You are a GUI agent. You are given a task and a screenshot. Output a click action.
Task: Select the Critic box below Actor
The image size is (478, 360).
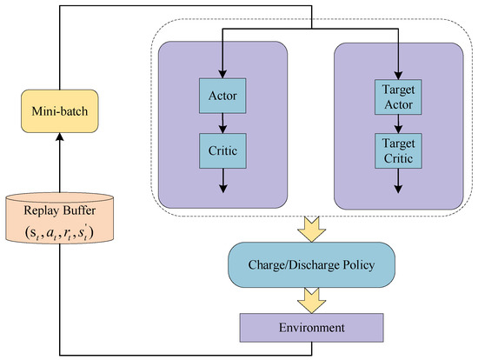(x=222, y=150)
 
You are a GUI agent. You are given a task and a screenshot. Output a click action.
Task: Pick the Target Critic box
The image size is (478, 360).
(x=398, y=150)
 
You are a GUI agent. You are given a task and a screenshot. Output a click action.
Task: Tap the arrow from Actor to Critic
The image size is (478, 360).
(x=222, y=122)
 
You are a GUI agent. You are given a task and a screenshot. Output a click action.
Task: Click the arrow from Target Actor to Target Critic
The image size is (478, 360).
(x=398, y=123)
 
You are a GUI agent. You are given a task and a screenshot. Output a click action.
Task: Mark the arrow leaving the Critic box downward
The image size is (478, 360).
(x=222, y=178)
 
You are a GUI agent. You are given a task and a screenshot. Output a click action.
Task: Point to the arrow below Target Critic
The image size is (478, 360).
(x=398, y=178)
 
